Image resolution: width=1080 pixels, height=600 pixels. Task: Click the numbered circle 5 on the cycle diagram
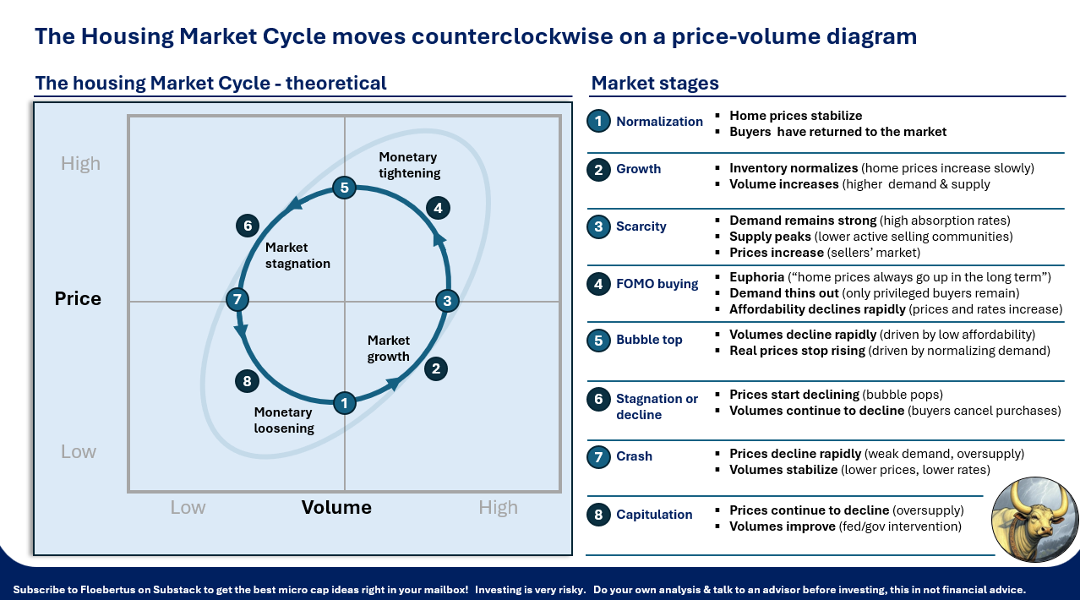tap(343, 188)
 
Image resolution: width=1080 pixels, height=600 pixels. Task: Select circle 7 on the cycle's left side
tap(237, 299)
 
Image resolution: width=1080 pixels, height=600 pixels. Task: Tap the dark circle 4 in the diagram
tap(437, 208)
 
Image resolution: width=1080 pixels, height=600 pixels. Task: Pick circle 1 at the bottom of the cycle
tap(344, 403)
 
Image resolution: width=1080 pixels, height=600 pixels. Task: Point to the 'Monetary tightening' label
tap(409, 165)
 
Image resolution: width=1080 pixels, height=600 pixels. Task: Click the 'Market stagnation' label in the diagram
tap(297, 255)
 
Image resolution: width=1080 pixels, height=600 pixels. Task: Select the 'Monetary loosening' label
tap(284, 420)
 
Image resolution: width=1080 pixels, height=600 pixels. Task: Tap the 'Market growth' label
tap(389, 348)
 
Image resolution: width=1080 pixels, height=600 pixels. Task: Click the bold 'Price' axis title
tap(78, 298)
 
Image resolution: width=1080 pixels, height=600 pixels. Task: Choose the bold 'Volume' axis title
tap(336, 507)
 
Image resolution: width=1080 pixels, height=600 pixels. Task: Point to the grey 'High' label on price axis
tap(80, 163)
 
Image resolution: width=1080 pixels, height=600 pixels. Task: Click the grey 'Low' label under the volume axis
tap(188, 507)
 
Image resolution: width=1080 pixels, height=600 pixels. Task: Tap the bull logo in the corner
tap(1034, 520)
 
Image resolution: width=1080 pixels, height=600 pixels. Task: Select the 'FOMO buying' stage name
tap(657, 284)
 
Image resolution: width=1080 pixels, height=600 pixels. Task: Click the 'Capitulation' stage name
tap(654, 515)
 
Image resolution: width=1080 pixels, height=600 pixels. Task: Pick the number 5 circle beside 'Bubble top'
tap(598, 340)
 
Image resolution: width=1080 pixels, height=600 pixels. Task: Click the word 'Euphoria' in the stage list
tap(756, 277)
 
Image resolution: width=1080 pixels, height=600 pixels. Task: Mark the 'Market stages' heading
tap(655, 83)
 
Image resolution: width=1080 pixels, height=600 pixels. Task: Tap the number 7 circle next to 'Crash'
tap(598, 456)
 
